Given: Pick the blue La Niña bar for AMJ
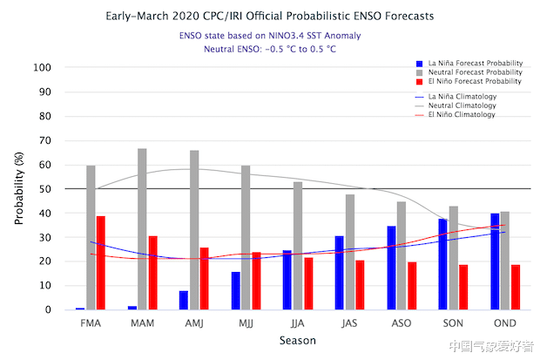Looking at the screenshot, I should tap(184, 300).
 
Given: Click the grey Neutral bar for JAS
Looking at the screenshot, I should tap(349, 252).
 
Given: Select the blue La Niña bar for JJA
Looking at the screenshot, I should tap(287, 280).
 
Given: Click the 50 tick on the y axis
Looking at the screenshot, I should tap(45, 189).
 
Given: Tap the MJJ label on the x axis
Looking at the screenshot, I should tap(246, 323).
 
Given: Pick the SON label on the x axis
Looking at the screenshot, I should tap(453, 323).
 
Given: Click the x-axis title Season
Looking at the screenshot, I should tap(297, 340).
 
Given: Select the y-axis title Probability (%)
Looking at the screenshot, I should tap(19, 188).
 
